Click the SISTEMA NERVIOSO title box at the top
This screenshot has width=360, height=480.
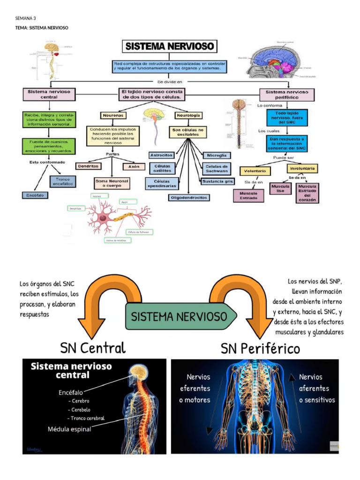[170, 46]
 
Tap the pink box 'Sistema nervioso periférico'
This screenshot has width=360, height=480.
[287, 95]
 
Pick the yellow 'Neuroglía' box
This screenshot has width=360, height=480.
[188, 115]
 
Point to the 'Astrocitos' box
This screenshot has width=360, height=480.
[161, 155]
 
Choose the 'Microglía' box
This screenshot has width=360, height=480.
[216, 155]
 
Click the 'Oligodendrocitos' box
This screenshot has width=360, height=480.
[189, 197]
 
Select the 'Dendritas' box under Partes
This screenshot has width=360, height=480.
[88, 166]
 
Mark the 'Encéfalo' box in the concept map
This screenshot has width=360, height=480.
[35, 195]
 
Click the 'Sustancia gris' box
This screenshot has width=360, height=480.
[217, 181]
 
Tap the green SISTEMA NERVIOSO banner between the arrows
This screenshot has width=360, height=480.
[179, 316]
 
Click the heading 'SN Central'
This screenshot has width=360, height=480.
[93, 348]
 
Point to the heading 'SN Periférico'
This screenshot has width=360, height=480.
[260, 349]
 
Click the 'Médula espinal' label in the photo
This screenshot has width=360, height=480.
[69, 428]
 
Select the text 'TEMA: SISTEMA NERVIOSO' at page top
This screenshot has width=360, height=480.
[42, 28]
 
